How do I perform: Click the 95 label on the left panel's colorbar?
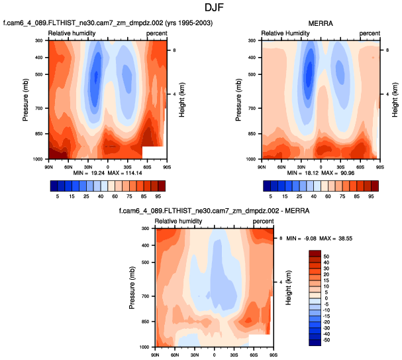point(160,196)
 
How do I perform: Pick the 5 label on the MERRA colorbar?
point(268,196)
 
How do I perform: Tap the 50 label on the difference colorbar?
point(325,256)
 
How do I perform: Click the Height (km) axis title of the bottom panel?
point(289,288)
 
